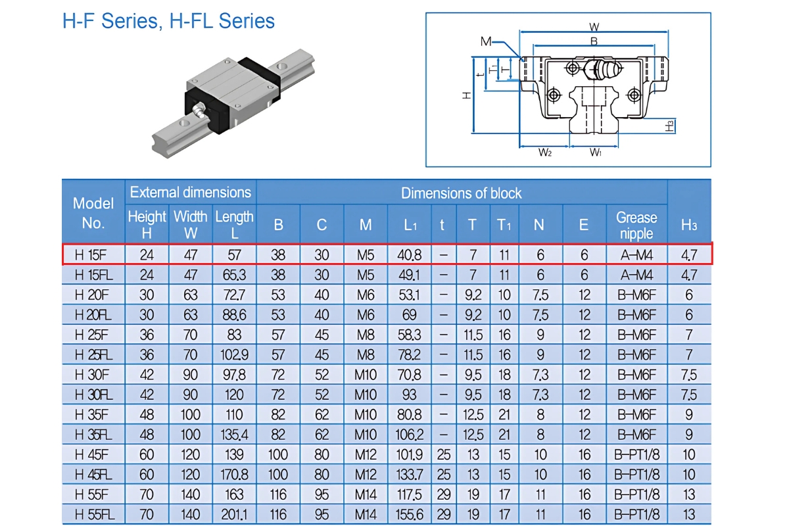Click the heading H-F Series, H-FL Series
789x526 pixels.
168,21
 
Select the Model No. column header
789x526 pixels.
93,212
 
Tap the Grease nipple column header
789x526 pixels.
636,225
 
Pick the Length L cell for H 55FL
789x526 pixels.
234,515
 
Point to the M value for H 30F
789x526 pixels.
366,375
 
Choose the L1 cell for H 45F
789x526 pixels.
410,455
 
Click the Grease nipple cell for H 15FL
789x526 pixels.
636,275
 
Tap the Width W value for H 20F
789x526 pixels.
190,295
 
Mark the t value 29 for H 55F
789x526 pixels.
443,494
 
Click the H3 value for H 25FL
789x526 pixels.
688,355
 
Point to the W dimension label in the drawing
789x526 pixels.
594,27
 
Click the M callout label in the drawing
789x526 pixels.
486,41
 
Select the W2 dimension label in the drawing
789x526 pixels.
544,153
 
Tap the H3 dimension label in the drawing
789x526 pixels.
670,126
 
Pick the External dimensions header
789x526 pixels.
190,192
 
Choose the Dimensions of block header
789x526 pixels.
461,193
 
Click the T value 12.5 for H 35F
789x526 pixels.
472,415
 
